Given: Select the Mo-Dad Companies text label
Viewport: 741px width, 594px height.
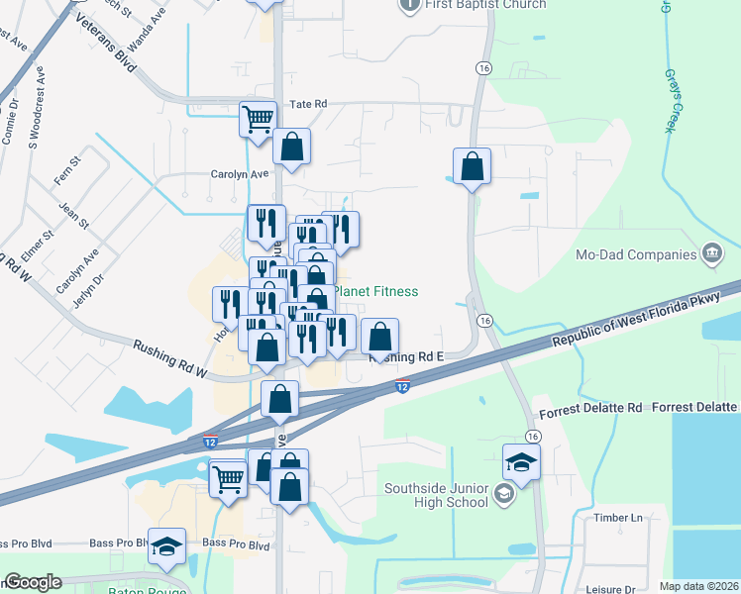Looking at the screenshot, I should point(645,254).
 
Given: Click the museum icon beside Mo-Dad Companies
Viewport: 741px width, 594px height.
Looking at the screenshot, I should point(711,254).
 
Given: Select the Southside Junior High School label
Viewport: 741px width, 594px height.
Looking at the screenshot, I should point(438,494).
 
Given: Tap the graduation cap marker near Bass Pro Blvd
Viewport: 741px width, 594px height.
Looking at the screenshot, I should point(167,546).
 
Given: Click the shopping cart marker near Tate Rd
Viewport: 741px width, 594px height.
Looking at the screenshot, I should point(258,120).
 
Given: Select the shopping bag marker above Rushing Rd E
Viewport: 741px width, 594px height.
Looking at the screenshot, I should point(380,338).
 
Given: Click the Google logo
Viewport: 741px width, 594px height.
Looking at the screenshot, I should point(33,582).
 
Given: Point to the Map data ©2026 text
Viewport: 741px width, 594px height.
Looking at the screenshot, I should point(698,586).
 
